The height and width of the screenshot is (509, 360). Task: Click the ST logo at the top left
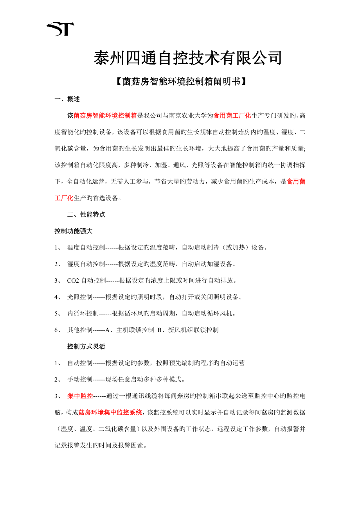(60, 29)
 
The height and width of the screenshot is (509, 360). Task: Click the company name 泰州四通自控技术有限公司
(187, 59)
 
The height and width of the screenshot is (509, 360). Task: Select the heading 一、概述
(67, 99)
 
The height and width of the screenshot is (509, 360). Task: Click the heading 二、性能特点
(86, 215)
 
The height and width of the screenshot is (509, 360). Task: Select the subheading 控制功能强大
(74, 231)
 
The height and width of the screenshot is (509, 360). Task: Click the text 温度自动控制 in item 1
(86, 247)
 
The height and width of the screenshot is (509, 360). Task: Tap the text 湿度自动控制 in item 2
(86, 264)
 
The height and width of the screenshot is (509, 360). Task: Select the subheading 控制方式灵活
(86, 346)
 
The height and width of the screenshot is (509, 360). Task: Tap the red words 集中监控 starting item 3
(80, 396)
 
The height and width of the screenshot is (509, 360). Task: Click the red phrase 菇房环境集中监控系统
(110, 412)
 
